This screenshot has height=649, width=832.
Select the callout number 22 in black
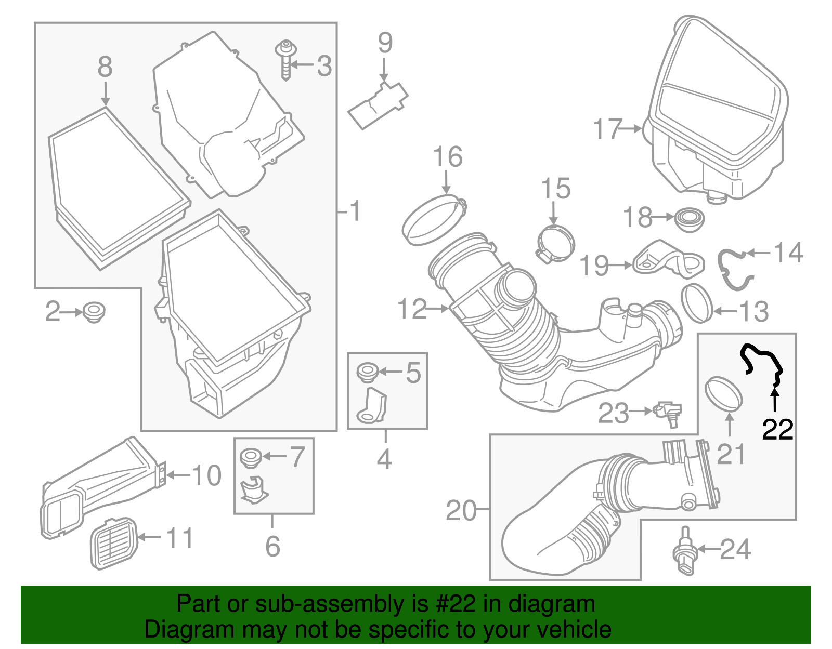click(777, 430)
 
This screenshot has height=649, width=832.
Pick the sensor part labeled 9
click(378, 104)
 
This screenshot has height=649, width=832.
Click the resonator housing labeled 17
click(718, 114)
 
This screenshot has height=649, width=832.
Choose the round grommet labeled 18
click(690, 219)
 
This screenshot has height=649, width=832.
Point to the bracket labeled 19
click(668, 260)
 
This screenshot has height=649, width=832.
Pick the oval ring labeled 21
click(723, 394)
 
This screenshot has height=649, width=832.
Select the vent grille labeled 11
click(114, 543)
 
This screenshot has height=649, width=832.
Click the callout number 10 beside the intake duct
click(206, 475)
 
